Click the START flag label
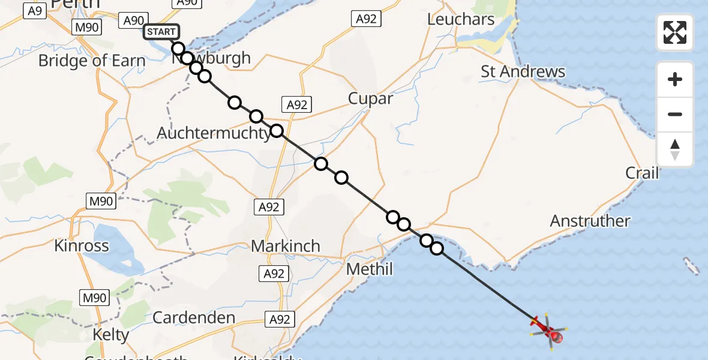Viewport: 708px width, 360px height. point(161,32)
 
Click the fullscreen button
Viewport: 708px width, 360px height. point(675,32)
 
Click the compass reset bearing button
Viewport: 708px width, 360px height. point(675,149)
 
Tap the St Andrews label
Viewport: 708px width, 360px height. point(523,72)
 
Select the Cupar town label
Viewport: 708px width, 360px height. point(371,98)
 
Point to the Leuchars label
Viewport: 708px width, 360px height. point(461,19)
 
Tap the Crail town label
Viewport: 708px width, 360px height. point(642,173)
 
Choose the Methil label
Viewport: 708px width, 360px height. point(370,269)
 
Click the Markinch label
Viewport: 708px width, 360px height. point(285,246)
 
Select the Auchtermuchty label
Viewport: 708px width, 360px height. point(214,133)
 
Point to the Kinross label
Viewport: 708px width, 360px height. point(82,245)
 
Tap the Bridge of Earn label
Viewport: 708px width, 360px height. point(92,61)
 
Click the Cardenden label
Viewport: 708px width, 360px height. point(193,317)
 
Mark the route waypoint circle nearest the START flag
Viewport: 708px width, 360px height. point(178,49)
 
